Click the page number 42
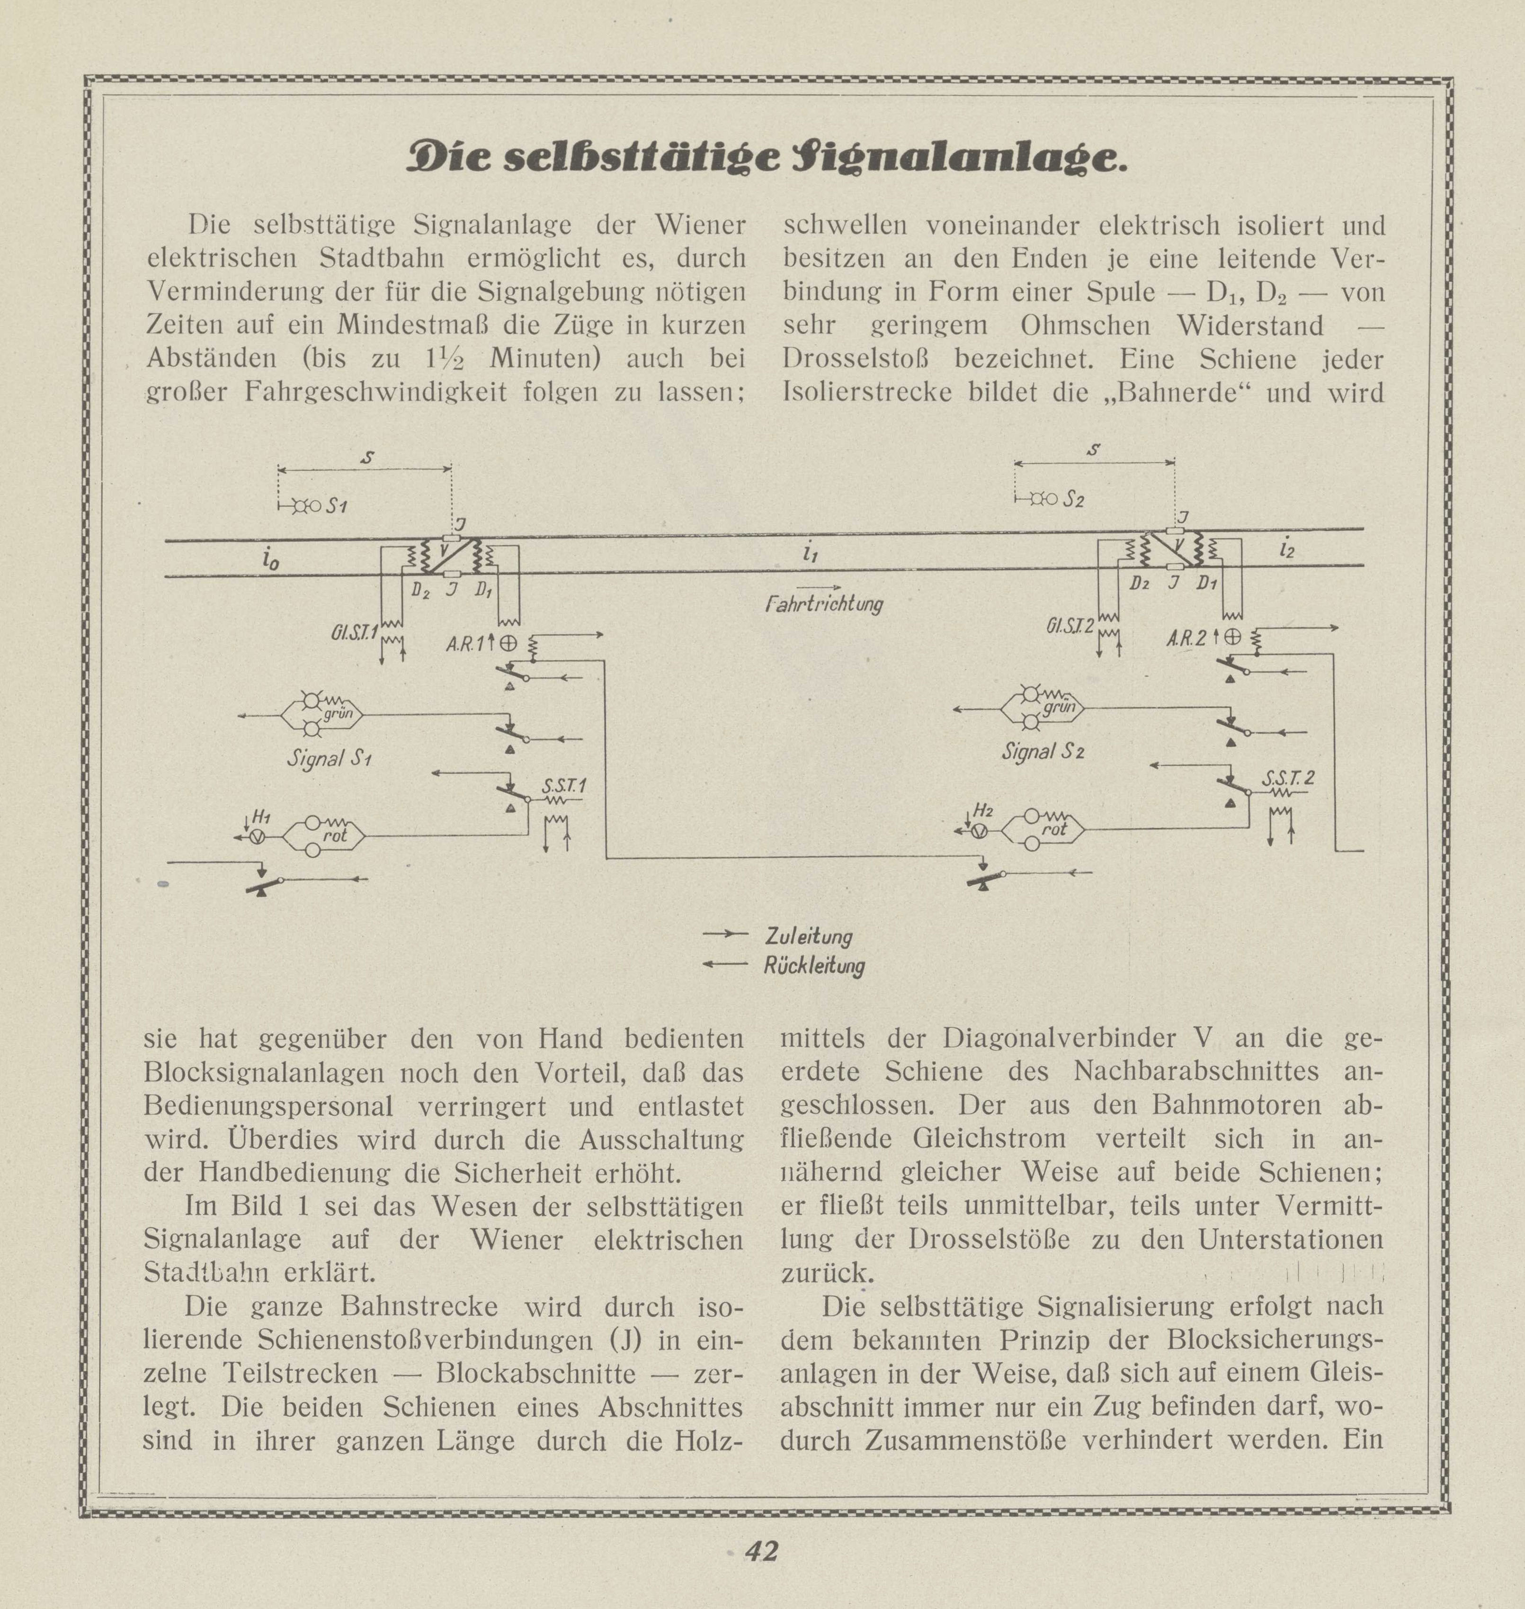point(762,1550)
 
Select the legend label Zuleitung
point(808,936)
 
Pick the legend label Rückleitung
point(814,967)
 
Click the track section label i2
point(1286,549)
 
